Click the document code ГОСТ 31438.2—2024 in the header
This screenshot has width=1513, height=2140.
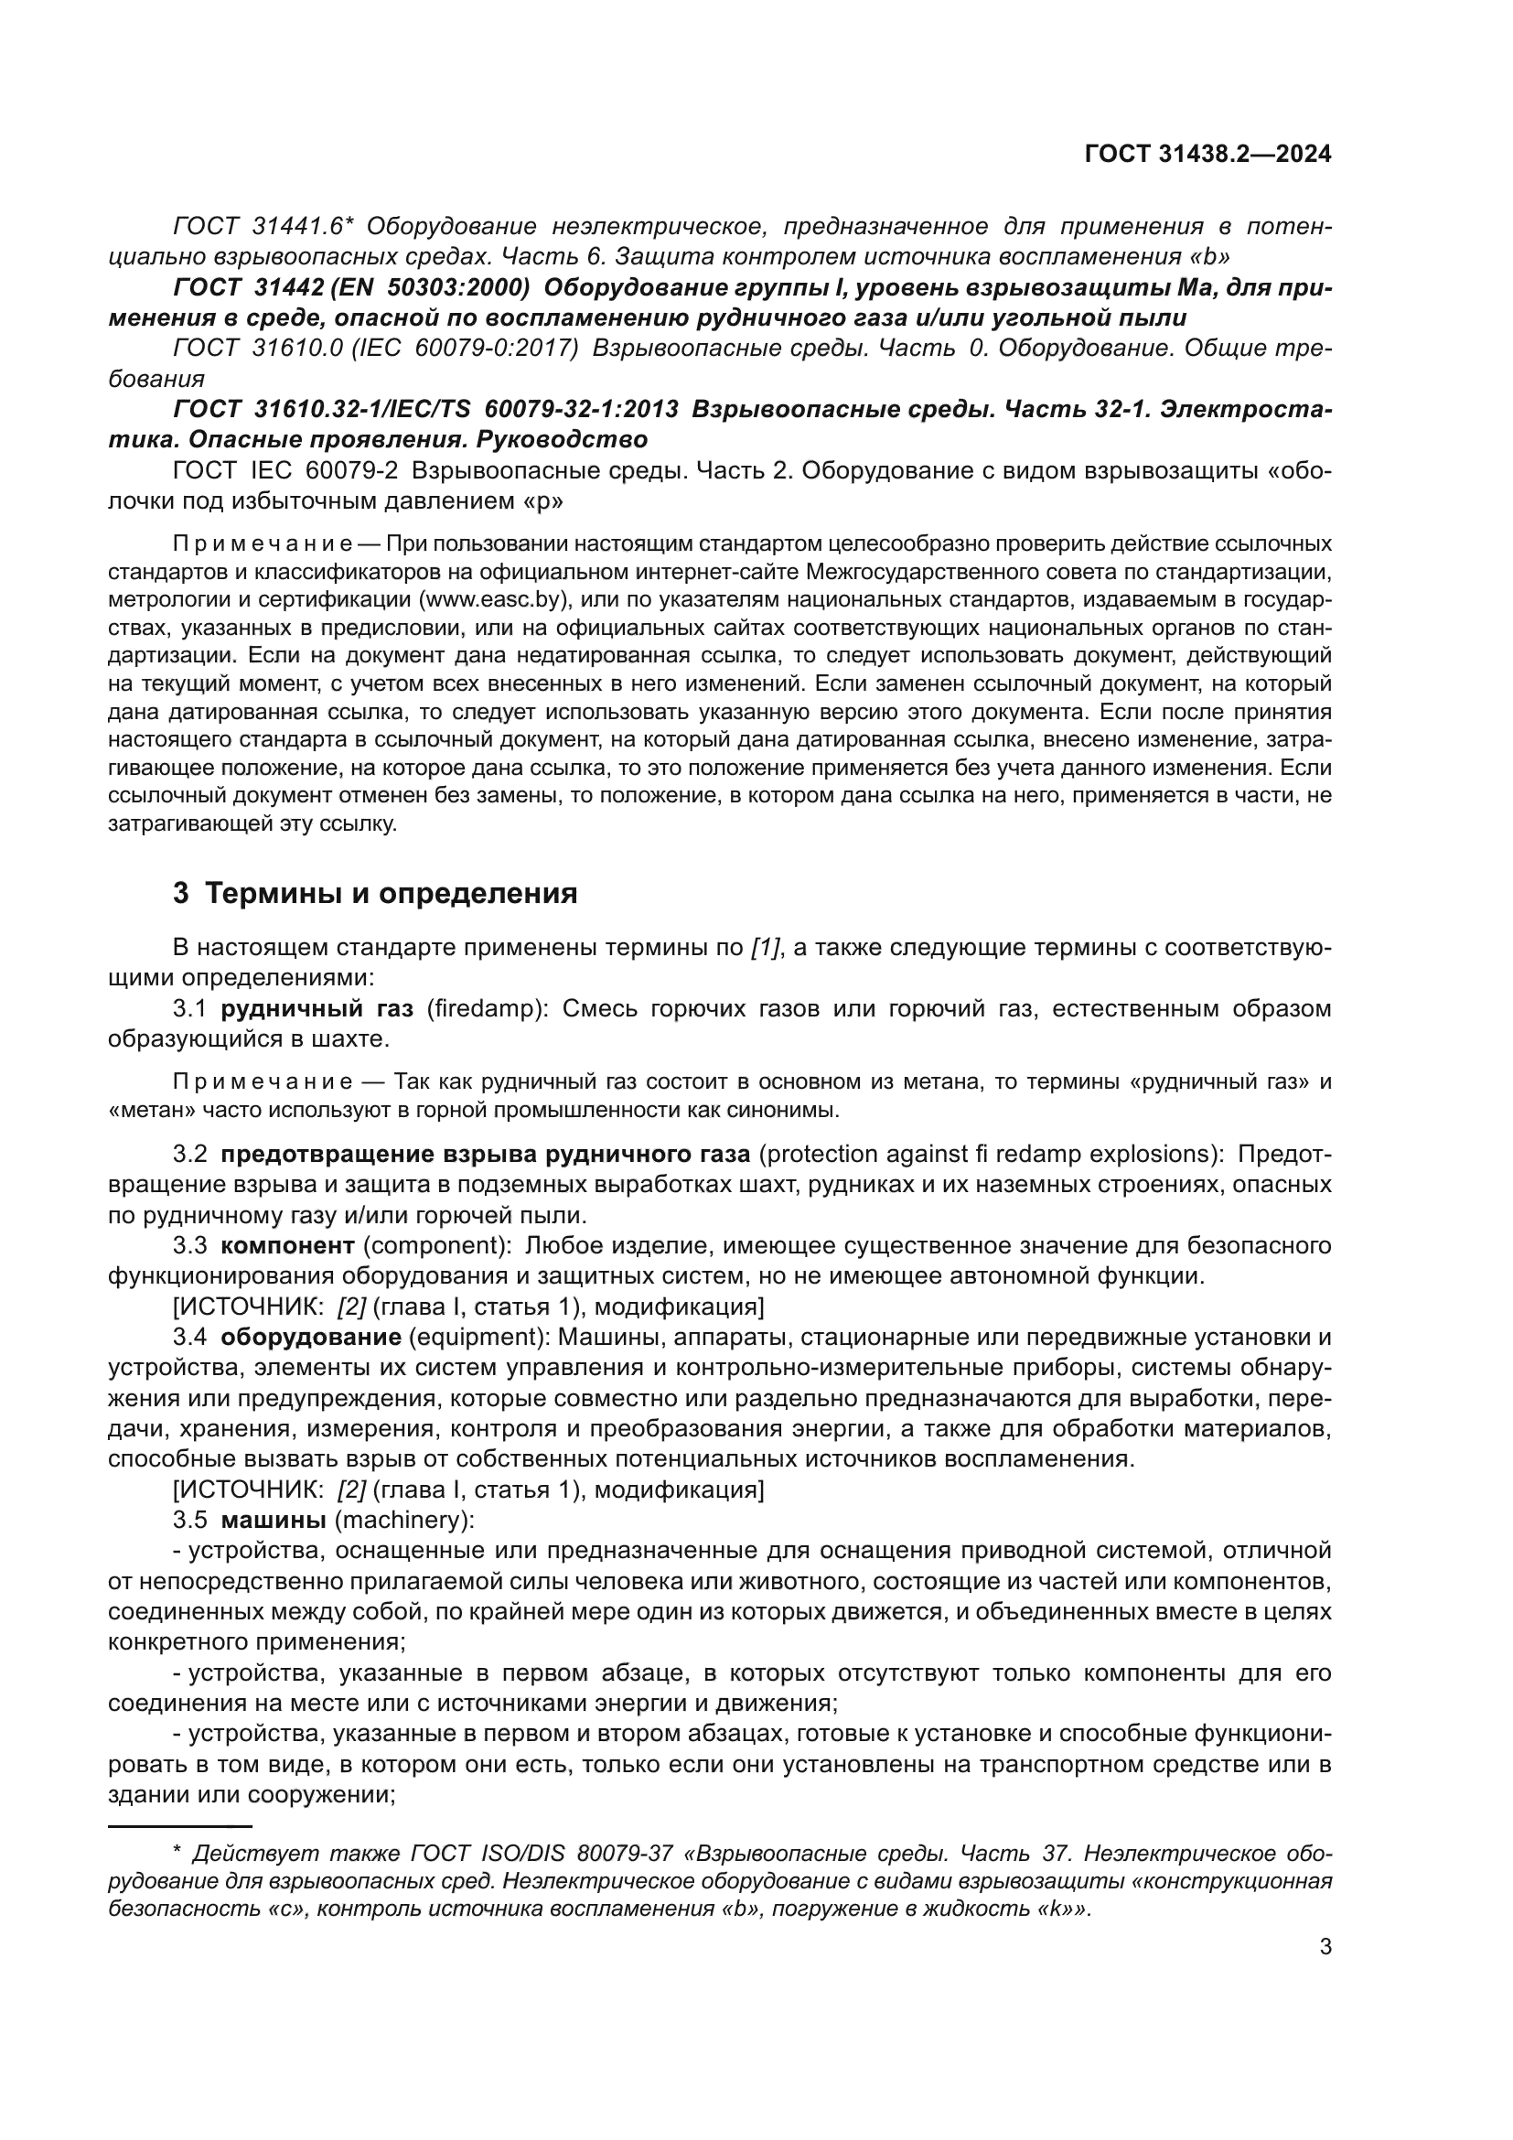[1207, 155]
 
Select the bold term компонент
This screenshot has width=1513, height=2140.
[287, 1245]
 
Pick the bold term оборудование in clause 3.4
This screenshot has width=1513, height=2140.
[310, 1337]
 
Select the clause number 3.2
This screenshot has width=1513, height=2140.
[190, 1154]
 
